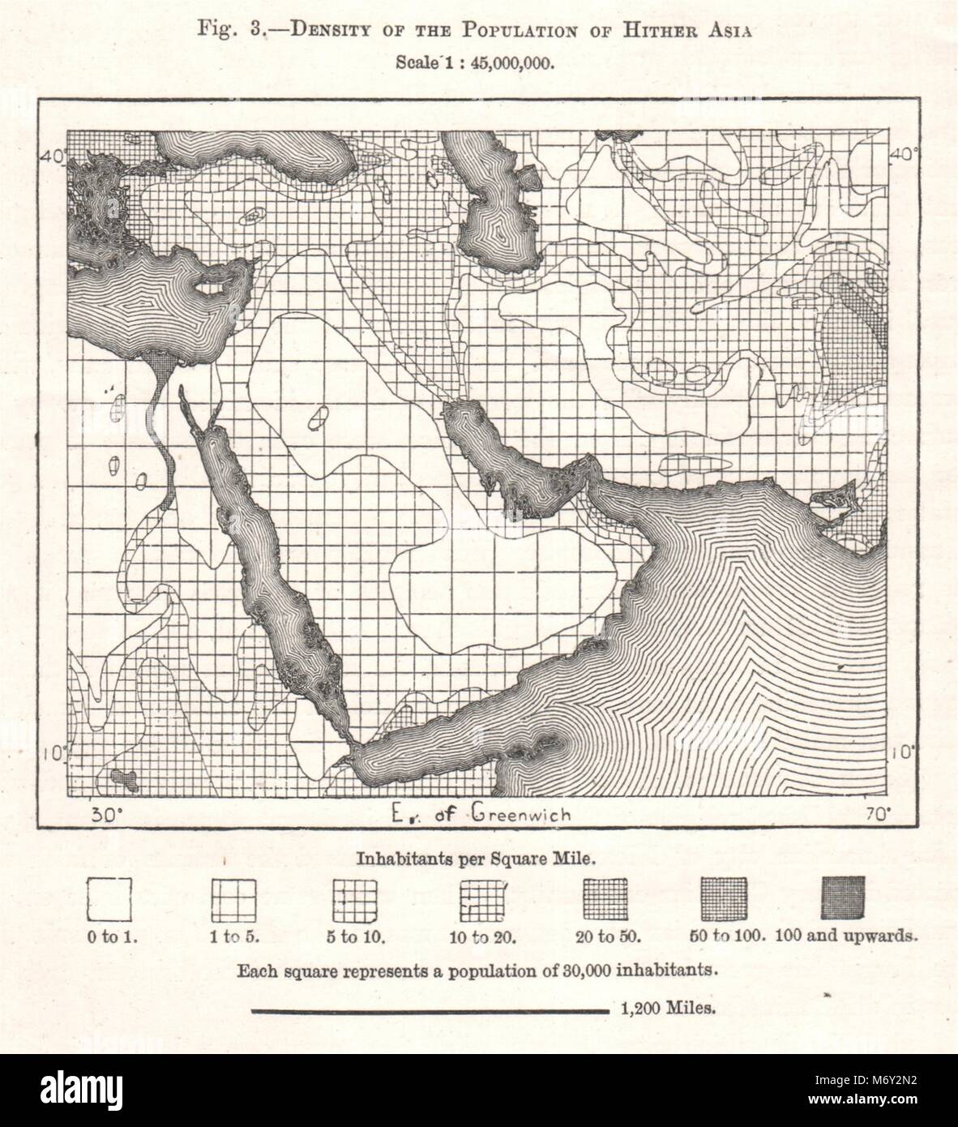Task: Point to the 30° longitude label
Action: click(x=106, y=815)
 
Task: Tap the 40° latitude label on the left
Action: click(x=54, y=156)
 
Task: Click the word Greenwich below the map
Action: click(x=520, y=814)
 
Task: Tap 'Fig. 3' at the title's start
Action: click(x=230, y=32)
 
